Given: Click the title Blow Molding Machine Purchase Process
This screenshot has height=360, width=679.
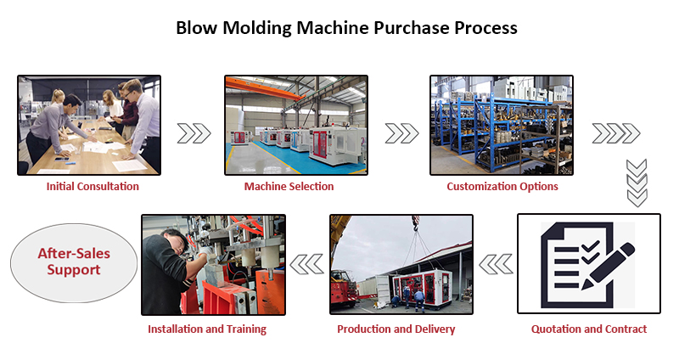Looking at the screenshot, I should pos(346,27).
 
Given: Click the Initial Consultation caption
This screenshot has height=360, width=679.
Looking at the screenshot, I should pos(93,187).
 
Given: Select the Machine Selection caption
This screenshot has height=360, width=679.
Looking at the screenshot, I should pos(289,187).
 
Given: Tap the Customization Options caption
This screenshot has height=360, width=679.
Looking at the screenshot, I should pos(502,187).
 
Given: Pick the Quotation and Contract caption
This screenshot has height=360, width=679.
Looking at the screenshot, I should pos(588,329).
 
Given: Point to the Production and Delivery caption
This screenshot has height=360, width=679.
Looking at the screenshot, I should pos(396,329).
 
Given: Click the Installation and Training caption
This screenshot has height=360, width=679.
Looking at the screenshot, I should pos(207,329).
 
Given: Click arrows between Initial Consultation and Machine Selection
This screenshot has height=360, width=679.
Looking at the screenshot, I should pos(194,133).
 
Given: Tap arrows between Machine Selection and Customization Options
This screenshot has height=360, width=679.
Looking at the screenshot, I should pos(401,133).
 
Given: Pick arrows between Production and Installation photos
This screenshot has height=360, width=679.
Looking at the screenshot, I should pos(306,265).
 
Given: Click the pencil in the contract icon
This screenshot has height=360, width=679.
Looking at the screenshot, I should pos(614,270).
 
